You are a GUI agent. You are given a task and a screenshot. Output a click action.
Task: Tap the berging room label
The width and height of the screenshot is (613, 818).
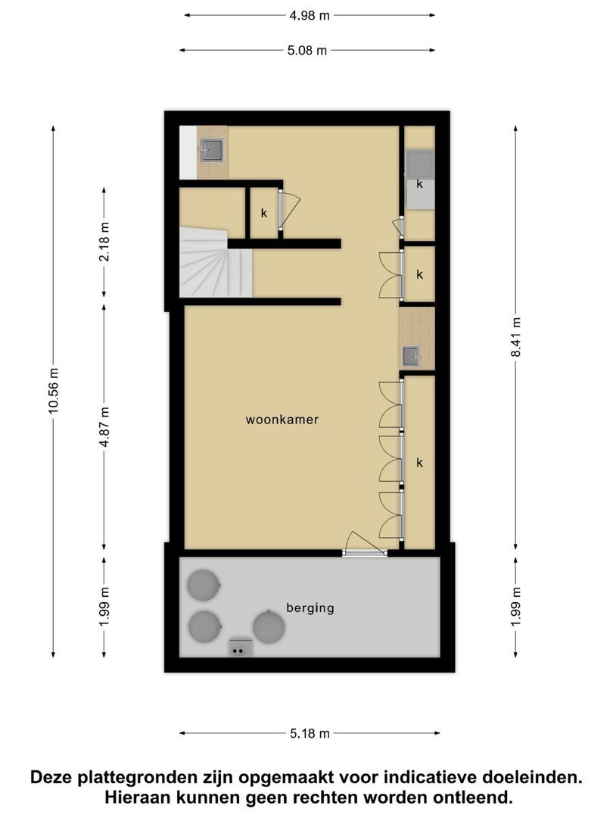point(310,607)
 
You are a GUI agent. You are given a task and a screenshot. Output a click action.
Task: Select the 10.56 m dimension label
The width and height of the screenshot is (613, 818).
point(53,391)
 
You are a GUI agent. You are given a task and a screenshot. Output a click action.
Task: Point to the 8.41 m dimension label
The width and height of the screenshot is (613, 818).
point(516,337)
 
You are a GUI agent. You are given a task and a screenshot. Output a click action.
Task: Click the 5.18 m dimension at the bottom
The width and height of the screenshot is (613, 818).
point(310,733)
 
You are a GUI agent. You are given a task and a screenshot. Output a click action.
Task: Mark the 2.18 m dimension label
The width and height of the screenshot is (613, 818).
point(104,242)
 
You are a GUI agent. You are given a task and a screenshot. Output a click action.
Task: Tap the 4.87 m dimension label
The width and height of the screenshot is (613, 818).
point(104,427)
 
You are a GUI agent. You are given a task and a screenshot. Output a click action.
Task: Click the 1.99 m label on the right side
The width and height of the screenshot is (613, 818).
point(516,607)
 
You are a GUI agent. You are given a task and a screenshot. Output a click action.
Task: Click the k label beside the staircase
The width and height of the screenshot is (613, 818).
point(264,214)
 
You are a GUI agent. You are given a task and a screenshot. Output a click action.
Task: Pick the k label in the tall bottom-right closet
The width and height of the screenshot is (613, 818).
point(419,462)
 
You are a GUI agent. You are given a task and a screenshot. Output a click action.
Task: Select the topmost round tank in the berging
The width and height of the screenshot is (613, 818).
point(203,584)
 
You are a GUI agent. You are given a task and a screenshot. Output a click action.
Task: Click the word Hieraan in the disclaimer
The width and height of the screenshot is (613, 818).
point(143,797)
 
